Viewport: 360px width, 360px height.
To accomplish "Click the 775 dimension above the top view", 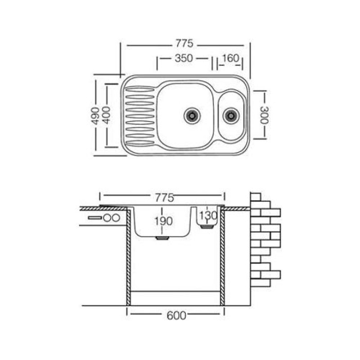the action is click(x=184, y=43).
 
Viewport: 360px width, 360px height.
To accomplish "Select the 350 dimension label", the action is click(x=184, y=58).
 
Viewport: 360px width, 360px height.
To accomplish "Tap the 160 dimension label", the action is click(x=230, y=58).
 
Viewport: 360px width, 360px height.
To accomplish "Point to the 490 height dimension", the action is click(x=95, y=116).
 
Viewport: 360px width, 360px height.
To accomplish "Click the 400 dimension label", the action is click(x=106, y=115).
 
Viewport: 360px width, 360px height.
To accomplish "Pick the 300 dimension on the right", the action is click(x=264, y=115).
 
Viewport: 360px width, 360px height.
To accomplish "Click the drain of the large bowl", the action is click(x=192, y=116).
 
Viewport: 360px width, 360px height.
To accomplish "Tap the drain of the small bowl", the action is click(x=231, y=116).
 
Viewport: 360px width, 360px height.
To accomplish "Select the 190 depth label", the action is click(x=163, y=221).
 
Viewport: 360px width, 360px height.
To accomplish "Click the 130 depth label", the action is click(x=208, y=216).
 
